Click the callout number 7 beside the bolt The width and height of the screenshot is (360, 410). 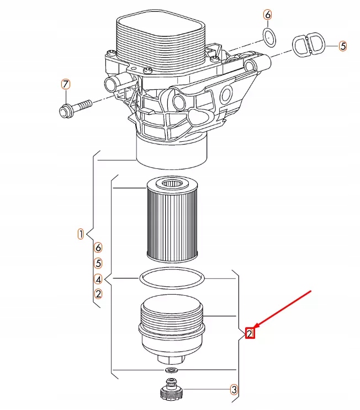point(66,84)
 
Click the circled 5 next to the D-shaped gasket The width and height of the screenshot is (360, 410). point(343,46)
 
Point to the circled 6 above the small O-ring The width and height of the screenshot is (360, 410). point(268,15)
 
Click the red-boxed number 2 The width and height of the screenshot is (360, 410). point(250,333)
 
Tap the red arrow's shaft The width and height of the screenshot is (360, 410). point(287,309)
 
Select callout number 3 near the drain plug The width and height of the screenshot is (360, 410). point(234,390)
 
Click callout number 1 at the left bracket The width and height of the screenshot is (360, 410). point(81,234)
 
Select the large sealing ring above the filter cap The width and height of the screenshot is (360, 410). point(171,278)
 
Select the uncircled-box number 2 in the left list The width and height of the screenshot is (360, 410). point(98,294)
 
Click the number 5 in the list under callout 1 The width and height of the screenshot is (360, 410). point(98,263)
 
